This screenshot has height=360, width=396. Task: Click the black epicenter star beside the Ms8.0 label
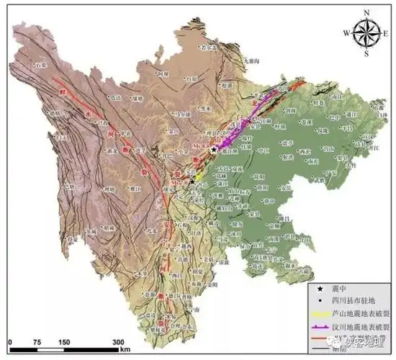point(214,149)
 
